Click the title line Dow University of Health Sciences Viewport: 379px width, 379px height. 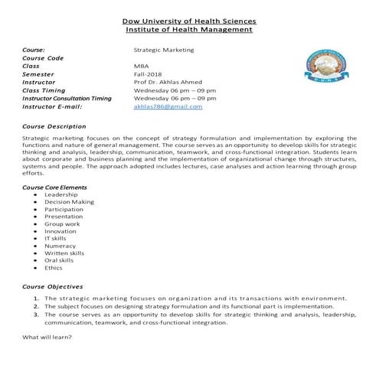coord(189,21)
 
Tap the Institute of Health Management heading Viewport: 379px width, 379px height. coord(189,30)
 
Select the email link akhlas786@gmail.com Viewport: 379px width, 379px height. coord(168,106)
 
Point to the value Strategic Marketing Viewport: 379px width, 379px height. coord(164,50)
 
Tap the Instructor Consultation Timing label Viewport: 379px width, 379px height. coord(73,99)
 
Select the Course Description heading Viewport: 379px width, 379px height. coord(54,126)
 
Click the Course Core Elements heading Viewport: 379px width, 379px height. coord(54,187)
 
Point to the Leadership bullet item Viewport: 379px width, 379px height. coord(61,194)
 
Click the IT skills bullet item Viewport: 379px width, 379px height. coord(59,238)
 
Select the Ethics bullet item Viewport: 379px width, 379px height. coord(54,268)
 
